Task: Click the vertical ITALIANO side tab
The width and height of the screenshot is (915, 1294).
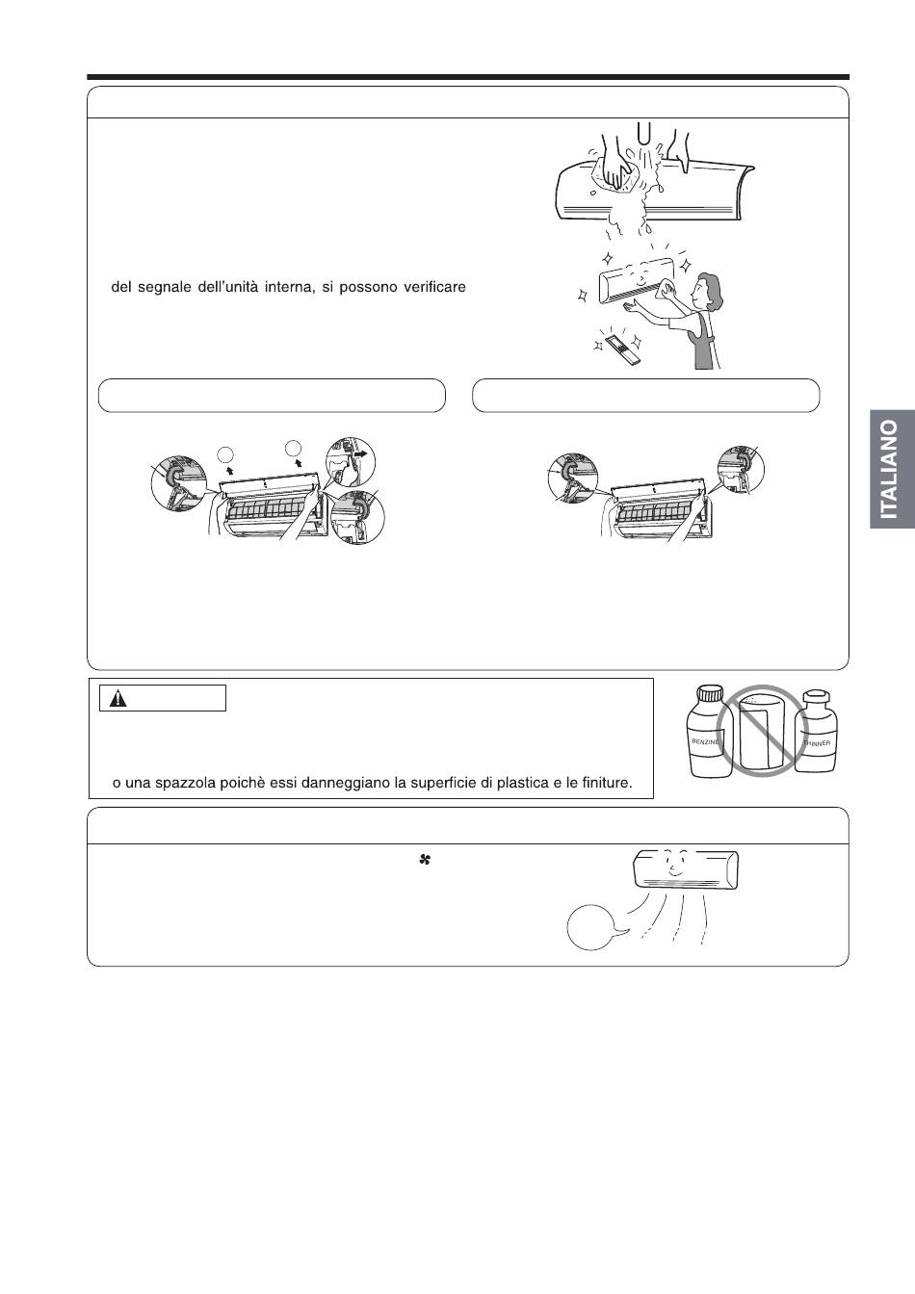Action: point(892,469)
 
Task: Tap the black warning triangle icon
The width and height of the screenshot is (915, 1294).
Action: point(118,699)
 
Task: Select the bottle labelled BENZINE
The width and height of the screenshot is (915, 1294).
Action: point(705,730)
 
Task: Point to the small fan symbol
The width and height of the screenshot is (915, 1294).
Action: point(425,860)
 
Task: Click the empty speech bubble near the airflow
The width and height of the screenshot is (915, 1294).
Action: point(593,927)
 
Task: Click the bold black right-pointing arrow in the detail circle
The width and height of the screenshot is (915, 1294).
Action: point(361,454)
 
